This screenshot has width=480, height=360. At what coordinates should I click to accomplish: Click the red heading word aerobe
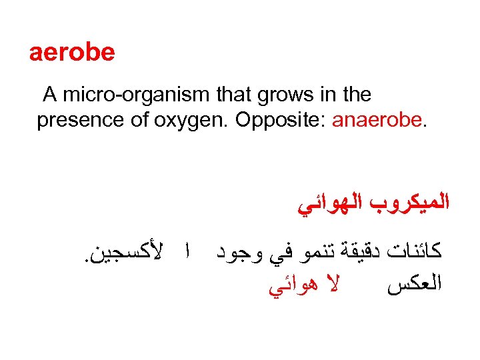tap(72, 52)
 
